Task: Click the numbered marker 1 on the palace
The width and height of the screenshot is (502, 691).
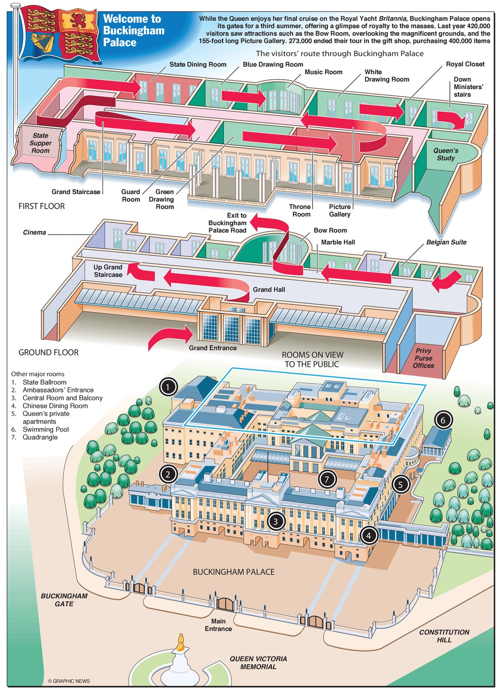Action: tap(168, 387)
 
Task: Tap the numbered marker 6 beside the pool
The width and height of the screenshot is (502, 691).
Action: tap(442, 420)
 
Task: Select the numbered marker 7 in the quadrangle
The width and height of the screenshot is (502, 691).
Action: tap(327, 480)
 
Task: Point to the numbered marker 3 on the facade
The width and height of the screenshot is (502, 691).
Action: tap(276, 521)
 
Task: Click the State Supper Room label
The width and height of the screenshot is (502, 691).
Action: tap(41, 143)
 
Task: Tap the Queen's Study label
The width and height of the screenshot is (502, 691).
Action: tap(446, 154)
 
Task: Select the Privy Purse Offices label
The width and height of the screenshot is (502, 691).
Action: tap(423, 358)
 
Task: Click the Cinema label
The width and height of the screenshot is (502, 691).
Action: tap(34, 233)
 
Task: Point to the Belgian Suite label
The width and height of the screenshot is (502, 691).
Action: tap(446, 242)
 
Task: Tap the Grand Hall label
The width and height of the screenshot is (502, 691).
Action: tap(269, 289)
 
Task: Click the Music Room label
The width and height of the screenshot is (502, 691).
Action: tap(323, 72)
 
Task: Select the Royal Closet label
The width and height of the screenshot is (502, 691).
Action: tap(465, 64)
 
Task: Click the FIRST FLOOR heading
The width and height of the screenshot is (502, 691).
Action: tap(42, 206)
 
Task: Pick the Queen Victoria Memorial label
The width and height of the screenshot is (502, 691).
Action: tap(258, 663)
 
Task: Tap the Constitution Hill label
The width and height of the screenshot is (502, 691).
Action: tap(444, 636)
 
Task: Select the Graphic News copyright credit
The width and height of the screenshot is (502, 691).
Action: tap(68, 681)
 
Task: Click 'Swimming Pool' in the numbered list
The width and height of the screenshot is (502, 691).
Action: tap(45, 430)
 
